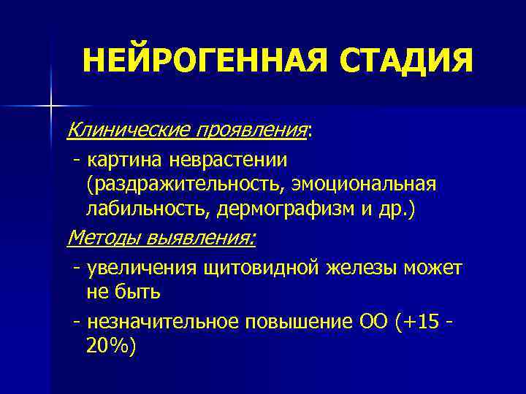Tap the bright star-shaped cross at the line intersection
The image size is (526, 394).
[x=51, y=107]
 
